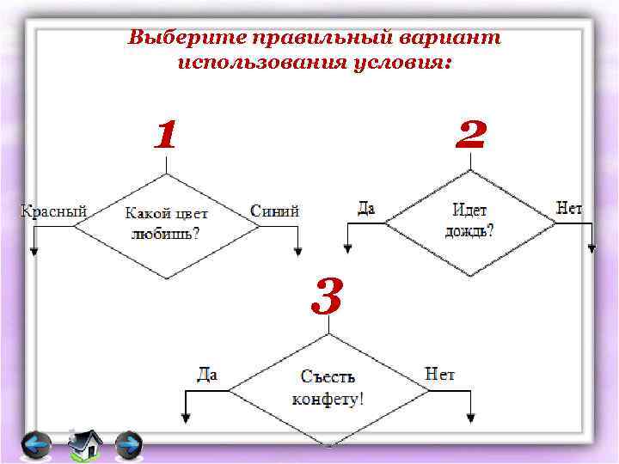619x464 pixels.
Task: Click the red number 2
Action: pyautogui.click(x=471, y=135)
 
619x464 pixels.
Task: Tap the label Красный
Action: pyautogui.click(x=53, y=211)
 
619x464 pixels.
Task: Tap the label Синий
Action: pyautogui.click(x=274, y=211)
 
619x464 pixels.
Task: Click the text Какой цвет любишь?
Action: pyautogui.click(x=167, y=223)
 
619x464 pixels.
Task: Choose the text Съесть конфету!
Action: pyautogui.click(x=328, y=388)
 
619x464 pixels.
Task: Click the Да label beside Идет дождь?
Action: pyautogui.click(x=366, y=208)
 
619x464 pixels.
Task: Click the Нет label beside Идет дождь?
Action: pyautogui.click(x=569, y=208)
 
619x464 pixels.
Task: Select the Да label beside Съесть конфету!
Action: pyautogui.click(x=207, y=375)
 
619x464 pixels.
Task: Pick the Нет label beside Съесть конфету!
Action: pyautogui.click(x=440, y=374)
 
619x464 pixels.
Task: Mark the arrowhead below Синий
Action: pyautogui.click(x=297, y=251)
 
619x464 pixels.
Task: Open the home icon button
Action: pyautogui.click(x=83, y=444)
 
